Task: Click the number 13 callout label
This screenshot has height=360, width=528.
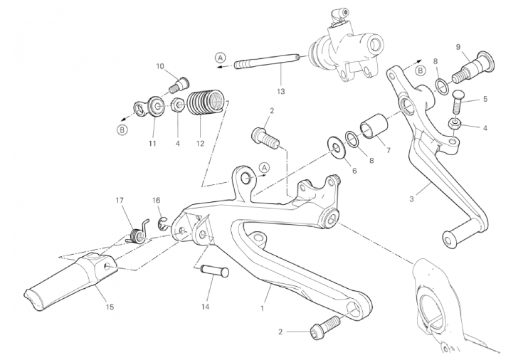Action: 280,91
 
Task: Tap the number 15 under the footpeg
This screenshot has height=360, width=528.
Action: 110,307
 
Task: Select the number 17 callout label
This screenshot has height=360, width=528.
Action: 120,201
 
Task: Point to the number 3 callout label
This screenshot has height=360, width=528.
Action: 411,199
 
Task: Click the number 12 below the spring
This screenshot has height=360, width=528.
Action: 200,144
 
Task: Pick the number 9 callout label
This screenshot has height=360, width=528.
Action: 458,47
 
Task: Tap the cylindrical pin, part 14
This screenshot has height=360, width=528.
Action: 215,271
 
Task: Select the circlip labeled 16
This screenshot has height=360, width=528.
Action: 164,224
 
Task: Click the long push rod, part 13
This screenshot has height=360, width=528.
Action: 266,60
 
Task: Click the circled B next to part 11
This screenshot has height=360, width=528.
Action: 122,130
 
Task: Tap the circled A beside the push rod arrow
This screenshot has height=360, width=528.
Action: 220,58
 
